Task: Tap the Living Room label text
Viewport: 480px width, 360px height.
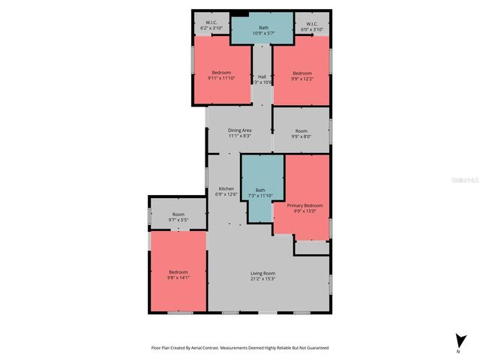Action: tap(262, 274)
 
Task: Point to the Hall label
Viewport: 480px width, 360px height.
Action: tap(262, 76)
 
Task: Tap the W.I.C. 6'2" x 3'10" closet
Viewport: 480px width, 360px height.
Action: tap(211, 25)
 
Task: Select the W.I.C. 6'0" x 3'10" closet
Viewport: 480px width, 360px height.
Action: tap(310, 25)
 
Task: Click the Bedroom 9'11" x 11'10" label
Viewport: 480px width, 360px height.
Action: tap(220, 75)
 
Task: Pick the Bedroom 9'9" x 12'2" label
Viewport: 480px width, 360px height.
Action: tap(301, 75)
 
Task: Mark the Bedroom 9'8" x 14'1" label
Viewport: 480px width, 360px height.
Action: tap(178, 274)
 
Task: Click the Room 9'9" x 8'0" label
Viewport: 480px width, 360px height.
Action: tap(301, 133)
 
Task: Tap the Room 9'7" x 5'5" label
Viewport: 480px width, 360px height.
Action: tap(178, 217)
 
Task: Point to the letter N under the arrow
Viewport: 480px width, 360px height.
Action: tap(458, 351)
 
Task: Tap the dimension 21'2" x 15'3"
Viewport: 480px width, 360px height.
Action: tap(262, 279)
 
